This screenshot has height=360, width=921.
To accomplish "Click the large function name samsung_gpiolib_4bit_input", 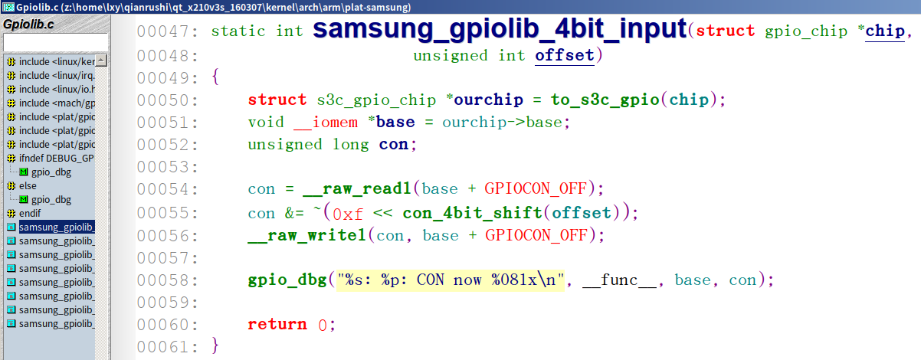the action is (500, 30).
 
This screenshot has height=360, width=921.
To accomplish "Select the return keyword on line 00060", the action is (277, 324).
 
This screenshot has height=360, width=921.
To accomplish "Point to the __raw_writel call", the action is (309, 236).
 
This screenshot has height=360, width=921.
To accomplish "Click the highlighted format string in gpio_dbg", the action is (451, 280).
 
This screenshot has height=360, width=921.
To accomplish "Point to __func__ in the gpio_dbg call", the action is (619, 280).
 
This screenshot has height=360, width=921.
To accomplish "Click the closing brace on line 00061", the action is (215, 346).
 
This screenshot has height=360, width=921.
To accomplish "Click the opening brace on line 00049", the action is (215, 77).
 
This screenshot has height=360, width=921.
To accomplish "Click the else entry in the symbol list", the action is (28, 185).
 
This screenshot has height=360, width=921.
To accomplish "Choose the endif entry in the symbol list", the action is (30, 213).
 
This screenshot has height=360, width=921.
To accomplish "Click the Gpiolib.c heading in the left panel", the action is (29, 24).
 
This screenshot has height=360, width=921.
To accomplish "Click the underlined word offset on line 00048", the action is (564, 55).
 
